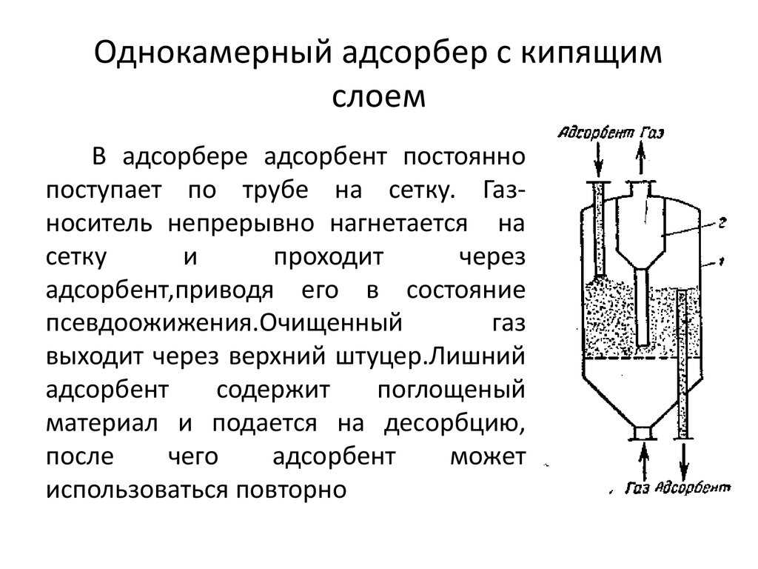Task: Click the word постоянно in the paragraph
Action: click(464, 157)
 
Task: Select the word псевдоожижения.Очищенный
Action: click(224, 323)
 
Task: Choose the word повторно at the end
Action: click(291, 490)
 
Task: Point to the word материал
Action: click(102, 424)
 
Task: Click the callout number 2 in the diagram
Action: click(722, 223)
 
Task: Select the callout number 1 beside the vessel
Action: click(721, 262)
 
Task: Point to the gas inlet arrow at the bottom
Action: click(643, 462)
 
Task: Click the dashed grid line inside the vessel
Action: click(641, 359)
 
